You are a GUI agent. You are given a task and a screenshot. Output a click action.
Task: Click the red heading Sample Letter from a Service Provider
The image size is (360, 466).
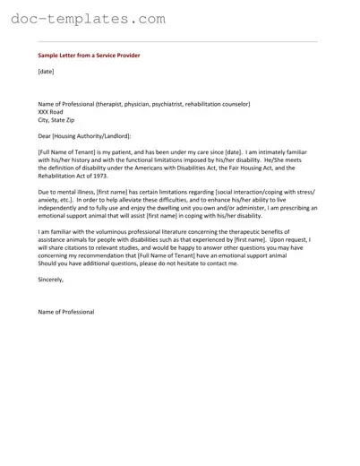point(89,56)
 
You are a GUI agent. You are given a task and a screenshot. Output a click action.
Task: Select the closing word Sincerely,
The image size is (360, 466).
point(51,280)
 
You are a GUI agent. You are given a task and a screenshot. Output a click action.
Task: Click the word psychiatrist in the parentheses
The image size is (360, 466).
point(185,103)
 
